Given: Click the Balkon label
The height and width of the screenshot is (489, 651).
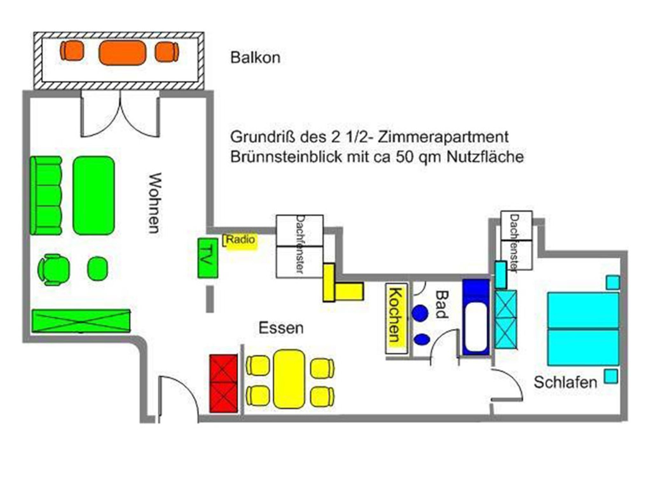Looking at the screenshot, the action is click(x=255, y=58).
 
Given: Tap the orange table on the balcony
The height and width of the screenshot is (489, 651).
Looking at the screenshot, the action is click(x=122, y=53).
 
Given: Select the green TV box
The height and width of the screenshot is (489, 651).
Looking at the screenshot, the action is click(x=208, y=258).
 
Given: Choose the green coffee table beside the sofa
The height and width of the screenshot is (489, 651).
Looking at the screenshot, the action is click(x=94, y=196).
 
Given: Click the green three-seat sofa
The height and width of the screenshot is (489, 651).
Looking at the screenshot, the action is click(x=46, y=196).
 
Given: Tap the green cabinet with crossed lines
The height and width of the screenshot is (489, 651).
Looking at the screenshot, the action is click(x=81, y=321).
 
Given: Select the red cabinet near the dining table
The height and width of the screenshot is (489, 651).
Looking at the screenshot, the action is click(x=223, y=383).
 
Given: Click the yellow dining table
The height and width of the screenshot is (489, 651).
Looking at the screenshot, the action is click(x=289, y=379).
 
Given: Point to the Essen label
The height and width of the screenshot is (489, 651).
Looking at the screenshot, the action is click(x=281, y=328).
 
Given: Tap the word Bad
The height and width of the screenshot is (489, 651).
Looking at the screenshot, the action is click(x=441, y=304).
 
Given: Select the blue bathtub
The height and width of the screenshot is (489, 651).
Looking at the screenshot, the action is click(x=476, y=317).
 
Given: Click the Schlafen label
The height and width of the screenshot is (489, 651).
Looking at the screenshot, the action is click(x=565, y=382).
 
